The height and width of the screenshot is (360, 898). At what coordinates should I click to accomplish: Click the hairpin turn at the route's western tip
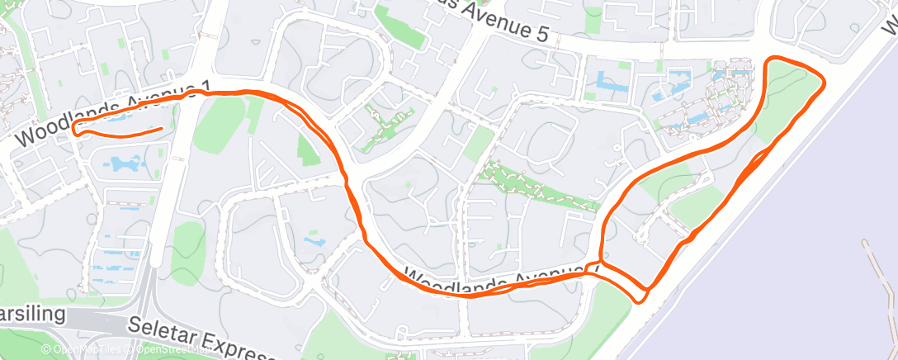pos(74,127)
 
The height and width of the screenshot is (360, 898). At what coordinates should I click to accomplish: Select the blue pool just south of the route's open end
pos(124,163)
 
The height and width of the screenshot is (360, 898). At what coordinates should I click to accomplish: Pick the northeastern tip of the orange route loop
pos(822,78)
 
